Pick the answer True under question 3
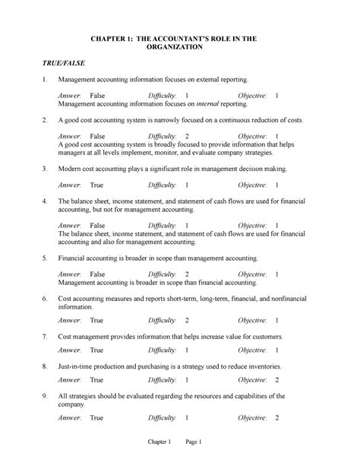[96, 185]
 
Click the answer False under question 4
[97, 225]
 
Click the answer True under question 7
[96, 350]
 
